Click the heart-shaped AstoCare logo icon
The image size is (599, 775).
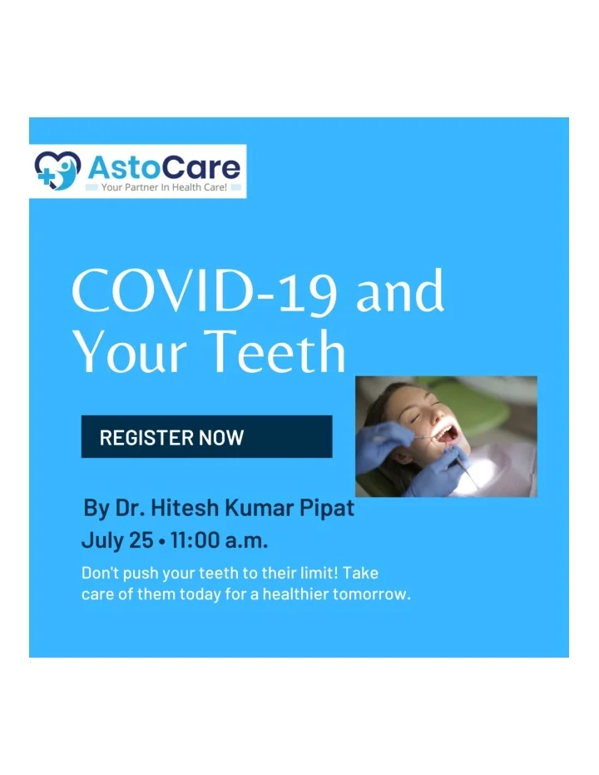click(x=57, y=171)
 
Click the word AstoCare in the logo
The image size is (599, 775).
click(x=164, y=167)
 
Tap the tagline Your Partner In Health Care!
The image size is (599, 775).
click(x=164, y=187)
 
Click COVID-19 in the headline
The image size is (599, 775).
click(x=205, y=291)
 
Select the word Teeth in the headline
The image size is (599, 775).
click(x=275, y=351)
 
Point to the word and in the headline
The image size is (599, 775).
click(x=400, y=291)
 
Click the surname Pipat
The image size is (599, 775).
click(x=327, y=509)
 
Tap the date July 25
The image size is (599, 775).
click(x=117, y=540)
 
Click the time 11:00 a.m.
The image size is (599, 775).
click(x=220, y=539)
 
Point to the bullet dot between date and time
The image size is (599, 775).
click(x=162, y=542)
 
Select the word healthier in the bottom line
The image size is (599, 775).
click(x=295, y=594)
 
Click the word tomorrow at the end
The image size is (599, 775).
click(x=370, y=594)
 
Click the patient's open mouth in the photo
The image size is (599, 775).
click(x=448, y=435)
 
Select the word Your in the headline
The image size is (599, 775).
click(x=131, y=351)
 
